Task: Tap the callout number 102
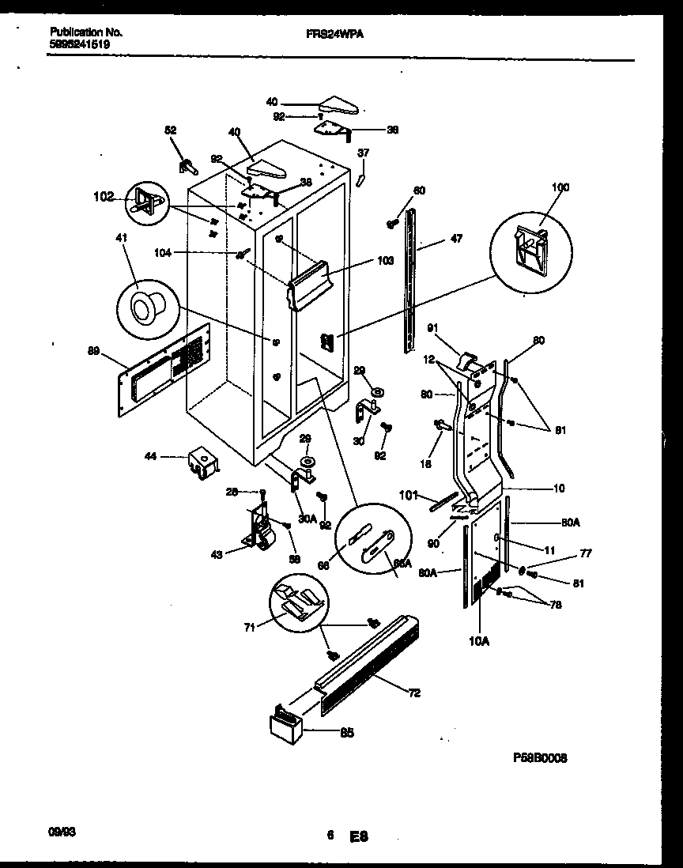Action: [x=104, y=196]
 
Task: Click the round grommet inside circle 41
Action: [x=145, y=305]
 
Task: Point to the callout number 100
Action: [x=560, y=188]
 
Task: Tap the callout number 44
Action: [x=150, y=456]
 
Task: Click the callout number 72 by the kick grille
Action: [x=414, y=693]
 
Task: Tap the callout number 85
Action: [x=346, y=733]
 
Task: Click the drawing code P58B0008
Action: [x=540, y=757]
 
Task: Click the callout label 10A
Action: [x=480, y=641]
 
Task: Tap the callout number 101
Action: [x=409, y=497]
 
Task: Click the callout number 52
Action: [x=170, y=131]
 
